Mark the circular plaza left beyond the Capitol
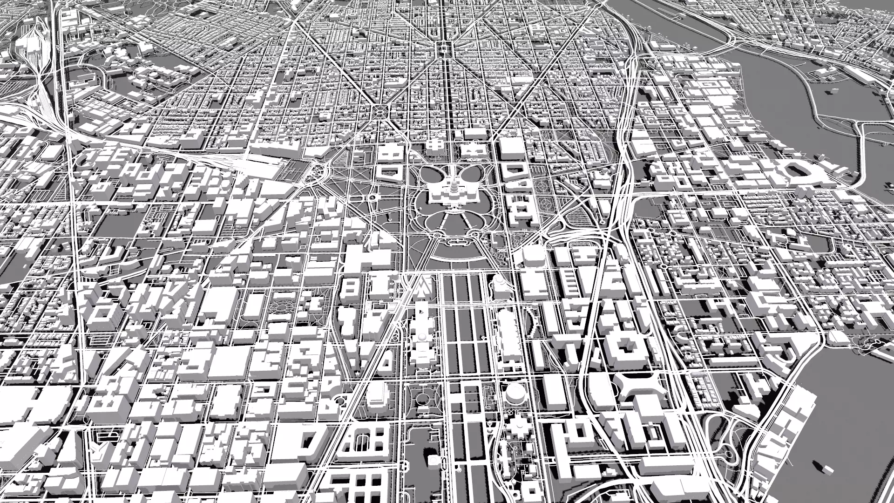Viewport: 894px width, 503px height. [380, 111]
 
